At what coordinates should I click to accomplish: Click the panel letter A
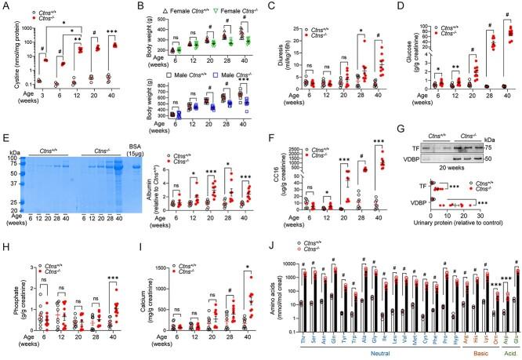(5, 7)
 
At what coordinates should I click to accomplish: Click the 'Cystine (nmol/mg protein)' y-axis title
(8, 47)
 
